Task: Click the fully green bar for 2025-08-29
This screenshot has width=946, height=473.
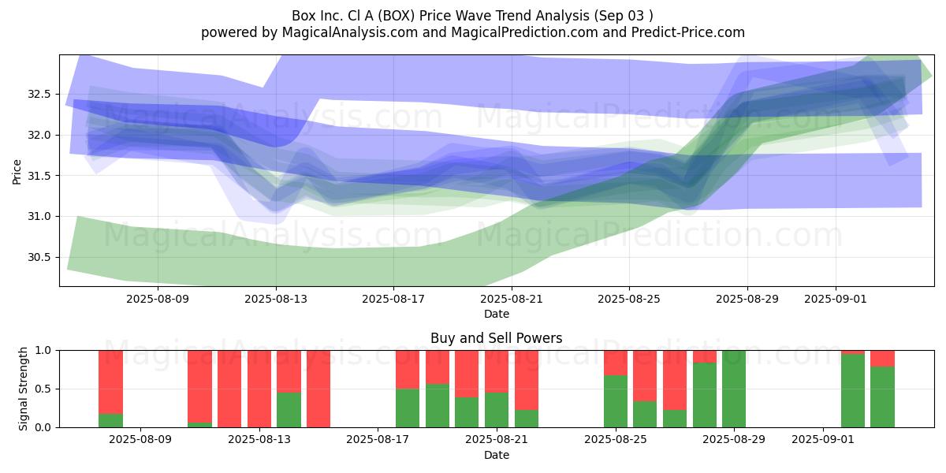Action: pyautogui.click(x=734, y=389)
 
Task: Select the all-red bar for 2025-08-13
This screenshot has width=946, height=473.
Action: pyautogui.click(x=259, y=389)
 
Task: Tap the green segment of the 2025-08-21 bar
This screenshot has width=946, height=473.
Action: pyautogui.click(x=496, y=410)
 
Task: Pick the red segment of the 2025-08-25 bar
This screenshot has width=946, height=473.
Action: pyautogui.click(x=616, y=363)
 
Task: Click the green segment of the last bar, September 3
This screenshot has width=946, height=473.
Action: pyautogui.click(x=882, y=397)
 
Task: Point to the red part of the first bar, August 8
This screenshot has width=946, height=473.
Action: pyautogui.click(x=110, y=382)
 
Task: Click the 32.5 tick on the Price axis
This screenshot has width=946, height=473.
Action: pyautogui.click(x=39, y=94)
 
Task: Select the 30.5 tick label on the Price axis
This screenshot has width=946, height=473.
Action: pyautogui.click(x=39, y=257)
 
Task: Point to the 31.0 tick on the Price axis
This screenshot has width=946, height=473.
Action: pyautogui.click(x=39, y=216)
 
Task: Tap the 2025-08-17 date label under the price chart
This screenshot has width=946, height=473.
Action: pyautogui.click(x=393, y=299)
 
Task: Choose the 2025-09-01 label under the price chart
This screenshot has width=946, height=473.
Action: pyautogui.click(x=836, y=299)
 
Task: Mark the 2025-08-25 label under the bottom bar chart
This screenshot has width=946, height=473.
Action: pyautogui.click(x=616, y=440)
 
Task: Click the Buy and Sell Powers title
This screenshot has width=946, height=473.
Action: pyautogui.click(x=496, y=338)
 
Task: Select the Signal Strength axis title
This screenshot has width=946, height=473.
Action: pyautogui.click(x=23, y=389)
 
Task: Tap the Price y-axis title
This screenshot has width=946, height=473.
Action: pyautogui.click(x=17, y=172)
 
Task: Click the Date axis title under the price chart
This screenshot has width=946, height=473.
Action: pyautogui.click(x=496, y=314)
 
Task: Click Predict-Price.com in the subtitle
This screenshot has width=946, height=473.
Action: pyautogui.click(x=688, y=32)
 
